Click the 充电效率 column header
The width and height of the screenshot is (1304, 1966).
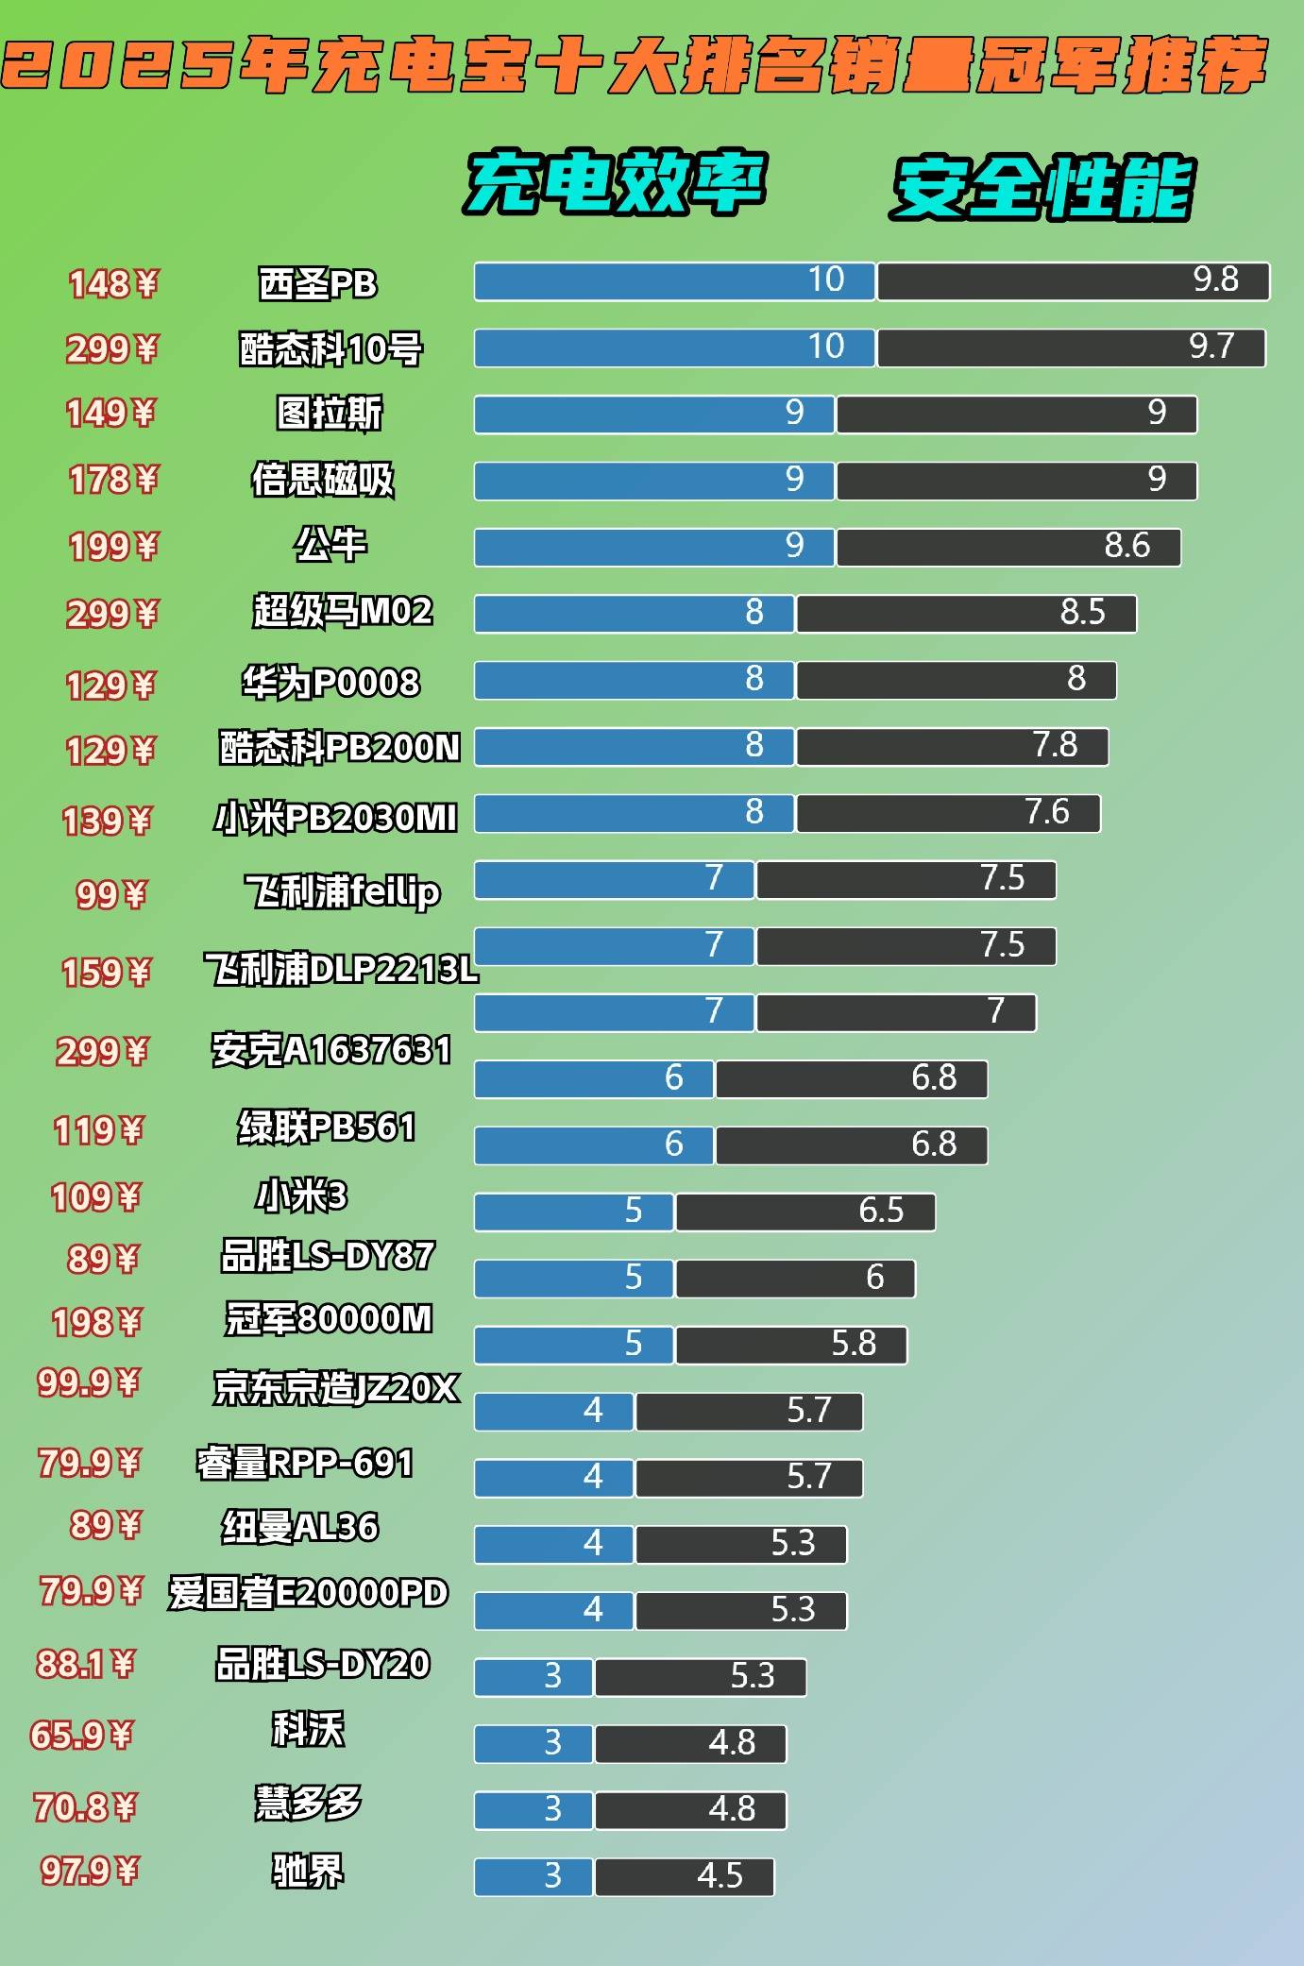click(x=615, y=182)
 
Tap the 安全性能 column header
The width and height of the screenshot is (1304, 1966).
click(x=1042, y=188)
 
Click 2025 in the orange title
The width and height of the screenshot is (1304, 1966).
click(x=118, y=66)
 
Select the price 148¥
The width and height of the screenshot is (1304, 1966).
click(x=112, y=283)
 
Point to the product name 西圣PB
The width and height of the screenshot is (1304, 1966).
click(x=318, y=283)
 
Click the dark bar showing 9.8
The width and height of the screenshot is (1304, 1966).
click(x=1073, y=281)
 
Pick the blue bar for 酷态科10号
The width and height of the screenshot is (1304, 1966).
click(x=674, y=347)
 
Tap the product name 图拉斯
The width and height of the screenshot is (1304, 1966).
click(x=330, y=413)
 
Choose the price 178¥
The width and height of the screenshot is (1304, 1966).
click(x=112, y=480)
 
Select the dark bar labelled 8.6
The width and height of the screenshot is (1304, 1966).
click(x=1008, y=548)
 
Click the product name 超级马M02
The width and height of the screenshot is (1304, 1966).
click(x=342, y=611)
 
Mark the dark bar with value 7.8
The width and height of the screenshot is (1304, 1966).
click(x=952, y=747)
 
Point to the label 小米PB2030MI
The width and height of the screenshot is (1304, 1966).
click(x=336, y=818)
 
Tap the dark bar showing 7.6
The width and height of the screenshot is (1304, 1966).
click(x=948, y=813)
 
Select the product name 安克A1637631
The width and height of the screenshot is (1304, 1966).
click(x=331, y=1050)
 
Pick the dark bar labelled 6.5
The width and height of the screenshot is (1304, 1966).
click(x=805, y=1212)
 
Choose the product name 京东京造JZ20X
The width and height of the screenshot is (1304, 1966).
click(x=336, y=1388)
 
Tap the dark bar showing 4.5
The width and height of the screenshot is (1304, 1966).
click(x=684, y=1876)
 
